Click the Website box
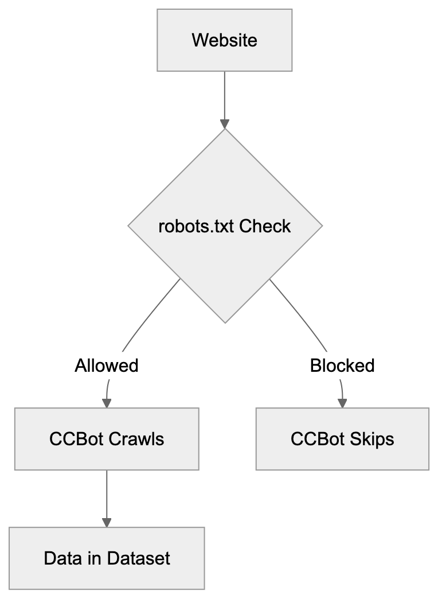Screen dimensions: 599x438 224,40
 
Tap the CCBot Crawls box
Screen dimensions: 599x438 107,439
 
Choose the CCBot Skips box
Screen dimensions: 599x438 342,439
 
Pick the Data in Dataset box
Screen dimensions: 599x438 107,558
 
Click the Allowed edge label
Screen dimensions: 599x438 107,365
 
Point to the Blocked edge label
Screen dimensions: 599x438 342,365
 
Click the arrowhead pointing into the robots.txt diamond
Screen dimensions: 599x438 225,123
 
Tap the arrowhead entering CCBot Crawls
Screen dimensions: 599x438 107,403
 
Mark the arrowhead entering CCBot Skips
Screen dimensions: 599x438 342,403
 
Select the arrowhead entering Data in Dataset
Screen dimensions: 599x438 107,522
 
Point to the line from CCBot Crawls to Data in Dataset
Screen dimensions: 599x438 107,493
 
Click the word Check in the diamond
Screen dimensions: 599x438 265,226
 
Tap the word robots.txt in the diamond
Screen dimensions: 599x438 197,226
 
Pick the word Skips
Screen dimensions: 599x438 374,439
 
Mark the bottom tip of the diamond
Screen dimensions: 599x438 225,322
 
